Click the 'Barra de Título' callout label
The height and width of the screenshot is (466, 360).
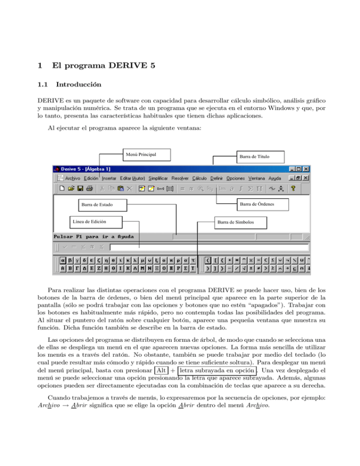(249, 156)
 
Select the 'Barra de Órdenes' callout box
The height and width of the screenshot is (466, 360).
(257, 204)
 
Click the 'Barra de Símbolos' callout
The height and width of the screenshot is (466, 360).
(241, 222)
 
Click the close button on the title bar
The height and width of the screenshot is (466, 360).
(306, 169)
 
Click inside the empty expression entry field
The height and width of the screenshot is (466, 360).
(209, 247)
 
